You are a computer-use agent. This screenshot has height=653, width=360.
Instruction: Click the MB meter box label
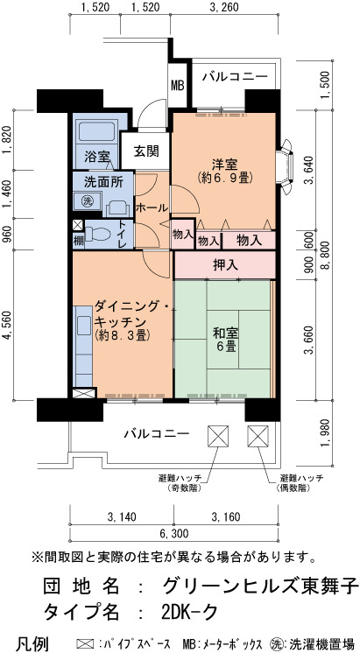pyautogui.click(x=178, y=86)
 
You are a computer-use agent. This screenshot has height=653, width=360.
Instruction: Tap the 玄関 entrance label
pyautogui.click(x=146, y=151)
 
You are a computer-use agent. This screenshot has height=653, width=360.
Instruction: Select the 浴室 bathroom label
pyautogui.click(x=97, y=157)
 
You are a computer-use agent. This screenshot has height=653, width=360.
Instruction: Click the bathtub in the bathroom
pyautogui.click(x=96, y=132)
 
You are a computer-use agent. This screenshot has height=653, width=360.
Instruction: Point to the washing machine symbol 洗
pyautogui.click(x=88, y=200)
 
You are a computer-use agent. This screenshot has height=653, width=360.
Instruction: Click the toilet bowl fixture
pyautogui.click(x=97, y=234)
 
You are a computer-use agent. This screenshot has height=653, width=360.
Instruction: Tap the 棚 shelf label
pyautogui.click(x=78, y=241)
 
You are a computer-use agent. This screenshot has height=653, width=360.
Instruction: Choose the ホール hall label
pyautogui.click(x=152, y=207)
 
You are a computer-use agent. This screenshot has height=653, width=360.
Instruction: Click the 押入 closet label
pyautogui.click(x=225, y=265)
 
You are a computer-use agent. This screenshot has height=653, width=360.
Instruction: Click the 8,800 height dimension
pyautogui.click(x=328, y=255)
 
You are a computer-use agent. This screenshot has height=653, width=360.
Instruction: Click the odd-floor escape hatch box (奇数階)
pyautogui.click(x=218, y=436)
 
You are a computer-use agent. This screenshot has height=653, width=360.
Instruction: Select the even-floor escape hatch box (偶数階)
pyautogui.click(x=258, y=436)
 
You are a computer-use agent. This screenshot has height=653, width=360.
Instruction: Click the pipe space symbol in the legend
pyautogui.click(x=86, y=643)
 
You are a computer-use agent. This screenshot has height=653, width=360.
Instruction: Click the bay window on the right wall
pyautogui.click(x=286, y=167)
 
